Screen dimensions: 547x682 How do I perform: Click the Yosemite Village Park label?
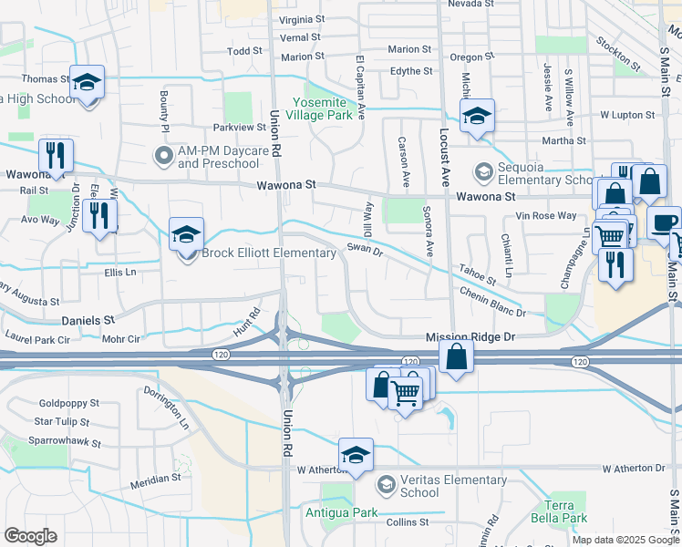(x=321, y=109)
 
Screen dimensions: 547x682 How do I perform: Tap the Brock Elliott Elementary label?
(x=268, y=253)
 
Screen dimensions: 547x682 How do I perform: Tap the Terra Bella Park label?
(x=566, y=511)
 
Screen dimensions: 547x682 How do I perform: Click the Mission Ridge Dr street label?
(x=470, y=336)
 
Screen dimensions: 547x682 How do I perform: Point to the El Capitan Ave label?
(x=361, y=86)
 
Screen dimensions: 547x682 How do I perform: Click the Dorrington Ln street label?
(x=167, y=408)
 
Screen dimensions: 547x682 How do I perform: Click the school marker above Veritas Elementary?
(x=356, y=456)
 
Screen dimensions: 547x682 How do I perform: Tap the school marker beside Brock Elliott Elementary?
(x=186, y=235)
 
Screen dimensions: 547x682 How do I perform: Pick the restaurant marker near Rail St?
(x=56, y=157)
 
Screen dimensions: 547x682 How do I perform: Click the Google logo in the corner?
(x=30, y=536)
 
